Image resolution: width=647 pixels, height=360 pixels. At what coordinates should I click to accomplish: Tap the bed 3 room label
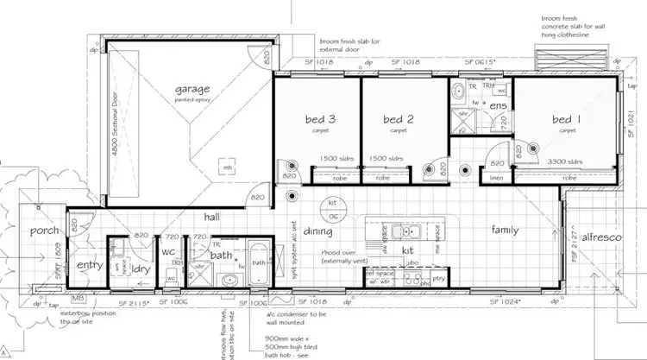coord(320,119)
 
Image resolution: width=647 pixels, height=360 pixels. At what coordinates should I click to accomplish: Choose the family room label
coord(505,231)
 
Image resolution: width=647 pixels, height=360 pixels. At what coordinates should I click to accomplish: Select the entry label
coord(90,265)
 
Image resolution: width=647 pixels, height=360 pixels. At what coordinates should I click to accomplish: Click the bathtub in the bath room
coord(258,261)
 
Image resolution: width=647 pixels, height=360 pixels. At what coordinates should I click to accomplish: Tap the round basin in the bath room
coord(229,280)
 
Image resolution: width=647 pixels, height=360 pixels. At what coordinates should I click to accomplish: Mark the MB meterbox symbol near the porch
coord(79,299)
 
